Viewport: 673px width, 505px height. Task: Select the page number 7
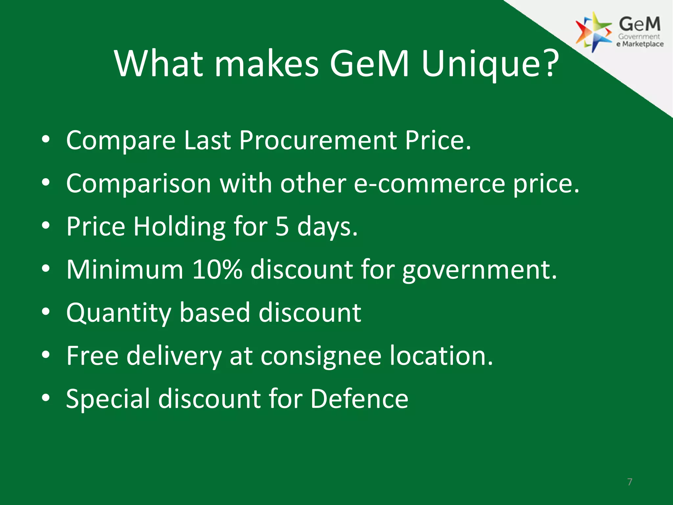(x=630, y=482)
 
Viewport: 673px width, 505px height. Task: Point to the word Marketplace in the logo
(x=642, y=44)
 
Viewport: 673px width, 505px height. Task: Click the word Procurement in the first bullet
(x=318, y=140)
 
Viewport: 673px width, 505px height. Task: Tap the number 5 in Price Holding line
(x=282, y=227)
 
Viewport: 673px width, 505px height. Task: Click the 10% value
(x=217, y=270)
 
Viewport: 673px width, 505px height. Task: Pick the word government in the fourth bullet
(x=479, y=270)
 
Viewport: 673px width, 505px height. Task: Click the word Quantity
(x=118, y=313)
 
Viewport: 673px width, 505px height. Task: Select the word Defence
(x=359, y=399)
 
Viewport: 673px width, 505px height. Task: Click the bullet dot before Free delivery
(x=46, y=355)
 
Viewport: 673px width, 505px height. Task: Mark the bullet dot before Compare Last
(x=46, y=139)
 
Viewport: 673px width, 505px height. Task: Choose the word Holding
(x=179, y=227)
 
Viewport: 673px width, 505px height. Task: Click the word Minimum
(x=125, y=270)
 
